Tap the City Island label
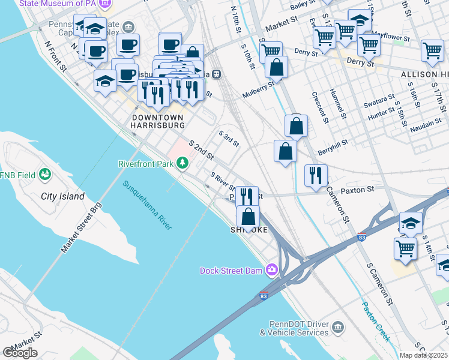pyautogui.click(x=62, y=196)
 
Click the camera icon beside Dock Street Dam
pyautogui.click(x=272, y=271)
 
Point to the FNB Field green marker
pyautogui.click(x=44, y=175)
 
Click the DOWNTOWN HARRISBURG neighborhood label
pyautogui.click(x=158, y=121)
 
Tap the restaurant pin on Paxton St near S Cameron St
pyautogui.click(x=316, y=176)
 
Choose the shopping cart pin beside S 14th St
pyautogui.click(x=406, y=248)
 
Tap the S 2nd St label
pyautogui.click(x=201, y=151)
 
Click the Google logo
pyautogui.click(x=20, y=353)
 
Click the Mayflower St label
pyautogui.click(x=390, y=37)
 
